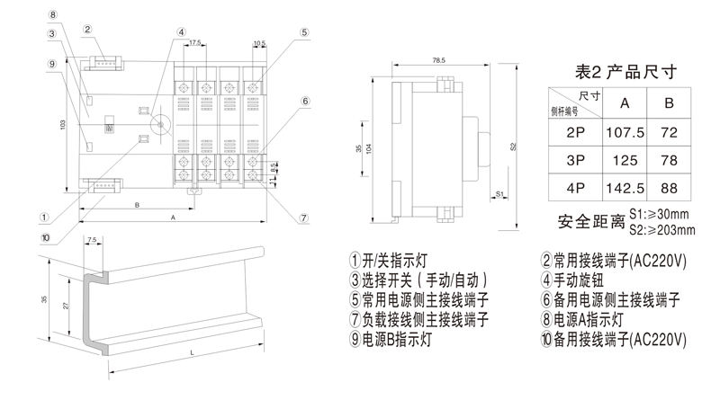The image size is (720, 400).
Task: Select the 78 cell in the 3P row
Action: [669, 161]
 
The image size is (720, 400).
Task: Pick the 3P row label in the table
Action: [575, 161]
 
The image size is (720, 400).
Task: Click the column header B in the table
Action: [669, 102]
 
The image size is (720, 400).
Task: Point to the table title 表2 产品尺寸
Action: [625, 69]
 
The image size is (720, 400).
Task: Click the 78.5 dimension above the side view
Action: [439, 61]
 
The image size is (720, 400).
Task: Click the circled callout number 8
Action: [53, 15]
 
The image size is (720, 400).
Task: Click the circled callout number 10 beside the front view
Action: [45, 237]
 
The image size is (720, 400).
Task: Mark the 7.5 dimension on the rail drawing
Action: [93, 240]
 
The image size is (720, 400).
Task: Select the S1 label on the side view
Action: [498, 193]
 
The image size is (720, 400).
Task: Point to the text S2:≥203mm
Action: [661, 229]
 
